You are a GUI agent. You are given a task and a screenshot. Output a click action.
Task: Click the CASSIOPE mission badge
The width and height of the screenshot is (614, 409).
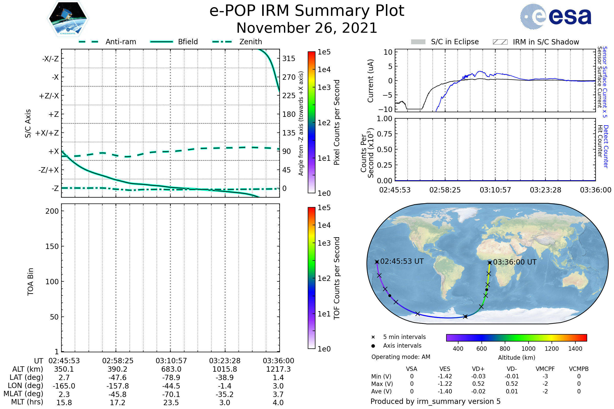(x=68, y=18)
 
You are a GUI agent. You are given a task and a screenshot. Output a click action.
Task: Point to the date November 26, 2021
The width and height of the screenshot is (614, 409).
(x=307, y=28)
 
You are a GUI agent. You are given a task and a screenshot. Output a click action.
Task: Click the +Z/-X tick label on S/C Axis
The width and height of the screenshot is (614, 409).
(x=49, y=96)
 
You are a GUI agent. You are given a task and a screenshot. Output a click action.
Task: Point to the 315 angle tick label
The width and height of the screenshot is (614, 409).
(x=289, y=59)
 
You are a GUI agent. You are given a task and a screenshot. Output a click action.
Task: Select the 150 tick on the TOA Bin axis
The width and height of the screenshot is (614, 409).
(x=52, y=246)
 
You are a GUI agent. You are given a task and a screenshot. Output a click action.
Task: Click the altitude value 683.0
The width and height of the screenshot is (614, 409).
(x=171, y=369)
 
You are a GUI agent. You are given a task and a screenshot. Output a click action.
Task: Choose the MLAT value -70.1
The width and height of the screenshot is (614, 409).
(x=171, y=394)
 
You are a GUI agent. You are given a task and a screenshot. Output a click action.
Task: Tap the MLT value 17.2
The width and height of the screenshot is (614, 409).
(x=117, y=402)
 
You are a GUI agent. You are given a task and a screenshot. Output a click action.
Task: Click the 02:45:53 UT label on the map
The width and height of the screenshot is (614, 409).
(x=402, y=261)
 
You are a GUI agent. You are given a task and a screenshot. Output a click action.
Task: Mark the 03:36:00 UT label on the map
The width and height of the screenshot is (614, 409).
(x=514, y=262)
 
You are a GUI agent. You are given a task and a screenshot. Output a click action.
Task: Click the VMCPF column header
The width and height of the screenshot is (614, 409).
(x=545, y=369)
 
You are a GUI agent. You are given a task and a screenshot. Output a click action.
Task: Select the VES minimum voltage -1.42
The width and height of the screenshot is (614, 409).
(x=445, y=376)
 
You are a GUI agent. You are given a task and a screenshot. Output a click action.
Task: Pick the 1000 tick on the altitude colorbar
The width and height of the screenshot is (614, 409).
(x=528, y=349)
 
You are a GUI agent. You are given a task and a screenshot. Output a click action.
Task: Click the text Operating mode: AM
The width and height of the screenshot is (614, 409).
(x=401, y=357)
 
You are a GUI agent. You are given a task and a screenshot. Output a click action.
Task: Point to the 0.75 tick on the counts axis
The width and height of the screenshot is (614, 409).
(x=385, y=134)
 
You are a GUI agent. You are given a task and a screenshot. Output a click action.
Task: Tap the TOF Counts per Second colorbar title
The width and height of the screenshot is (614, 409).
(x=337, y=278)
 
